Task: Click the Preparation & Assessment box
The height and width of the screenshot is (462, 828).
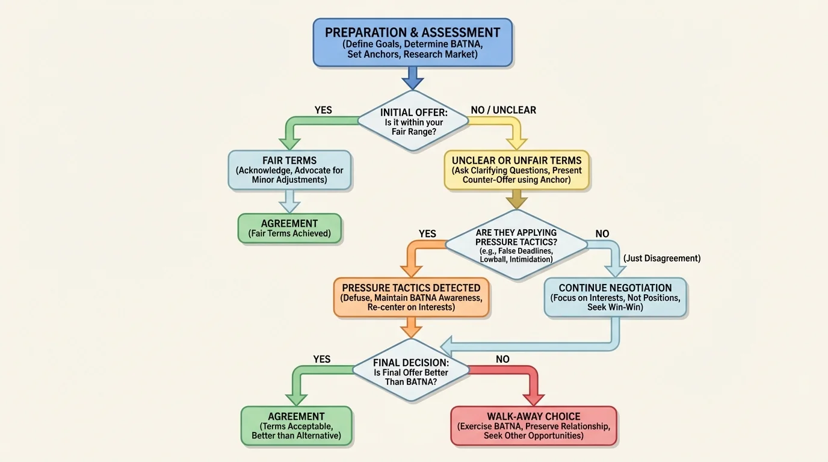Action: coord(413,42)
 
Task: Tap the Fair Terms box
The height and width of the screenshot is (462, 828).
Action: coord(289,170)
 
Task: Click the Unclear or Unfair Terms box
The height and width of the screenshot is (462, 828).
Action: coord(517,170)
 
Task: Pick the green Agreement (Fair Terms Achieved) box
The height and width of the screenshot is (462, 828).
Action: coord(289,229)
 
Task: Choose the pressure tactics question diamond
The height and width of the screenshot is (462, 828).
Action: coord(516,245)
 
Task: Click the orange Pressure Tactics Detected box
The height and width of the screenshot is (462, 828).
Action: coord(412,297)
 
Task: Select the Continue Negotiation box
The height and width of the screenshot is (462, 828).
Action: coord(615,297)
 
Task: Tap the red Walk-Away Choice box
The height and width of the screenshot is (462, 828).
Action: coord(534,425)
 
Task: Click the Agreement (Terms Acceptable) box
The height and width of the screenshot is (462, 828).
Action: coord(296,425)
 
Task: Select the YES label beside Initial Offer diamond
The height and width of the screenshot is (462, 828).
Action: coord(323,110)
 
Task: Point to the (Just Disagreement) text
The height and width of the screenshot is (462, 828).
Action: coord(662,258)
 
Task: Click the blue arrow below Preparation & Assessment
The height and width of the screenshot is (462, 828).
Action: coord(413,78)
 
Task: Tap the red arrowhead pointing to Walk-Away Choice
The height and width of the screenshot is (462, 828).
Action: coord(534,398)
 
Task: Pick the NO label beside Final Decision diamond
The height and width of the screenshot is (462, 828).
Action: coord(502,359)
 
